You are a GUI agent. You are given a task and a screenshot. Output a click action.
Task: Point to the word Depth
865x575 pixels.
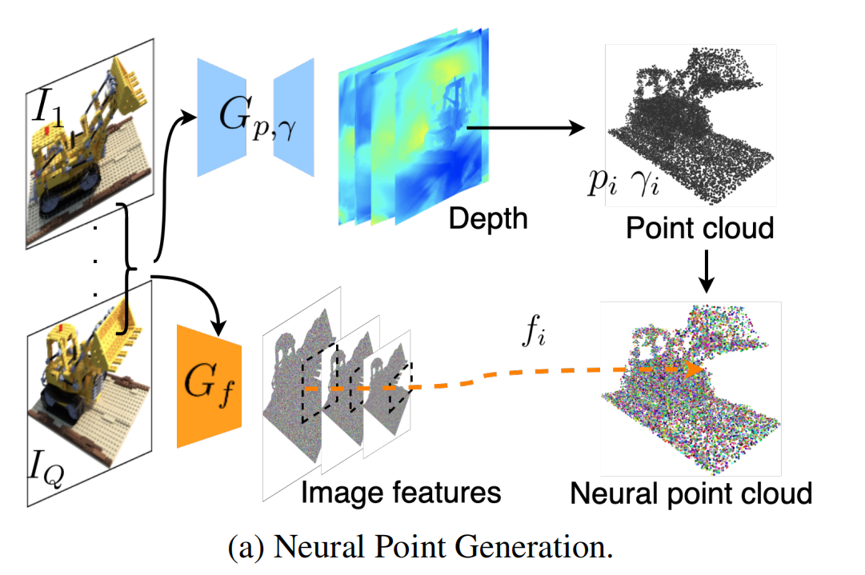(x=488, y=218)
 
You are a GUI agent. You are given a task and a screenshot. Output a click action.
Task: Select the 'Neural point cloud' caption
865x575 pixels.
(x=691, y=493)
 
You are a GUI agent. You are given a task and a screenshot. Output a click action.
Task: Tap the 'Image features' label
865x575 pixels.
(x=401, y=491)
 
